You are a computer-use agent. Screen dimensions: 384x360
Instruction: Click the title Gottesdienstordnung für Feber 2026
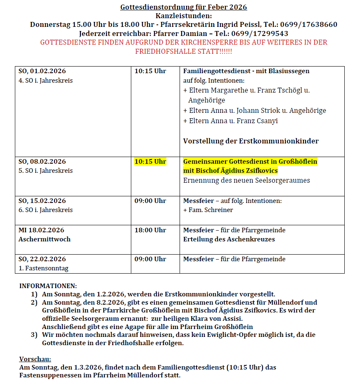click(x=183, y=7)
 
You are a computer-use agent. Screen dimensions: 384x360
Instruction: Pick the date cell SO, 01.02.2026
click(x=42, y=71)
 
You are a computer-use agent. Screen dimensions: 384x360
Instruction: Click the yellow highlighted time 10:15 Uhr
click(x=150, y=161)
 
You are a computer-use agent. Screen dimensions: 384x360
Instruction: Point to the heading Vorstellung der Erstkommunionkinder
click(x=251, y=141)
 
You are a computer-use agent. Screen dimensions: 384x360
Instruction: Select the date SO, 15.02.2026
click(x=42, y=201)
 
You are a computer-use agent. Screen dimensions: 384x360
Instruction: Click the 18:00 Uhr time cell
click(x=150, y=230)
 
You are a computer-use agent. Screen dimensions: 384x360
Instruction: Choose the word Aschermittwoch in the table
click(x=45, y=239)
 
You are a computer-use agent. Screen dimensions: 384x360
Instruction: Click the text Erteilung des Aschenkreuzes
click(x=229, y=239)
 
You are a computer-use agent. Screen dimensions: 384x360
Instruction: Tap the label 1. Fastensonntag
click(x=43, y=268)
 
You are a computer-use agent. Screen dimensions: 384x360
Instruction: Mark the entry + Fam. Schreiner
click(x=208, y=210)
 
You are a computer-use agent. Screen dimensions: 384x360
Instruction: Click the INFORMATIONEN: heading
click(x=48, y=286)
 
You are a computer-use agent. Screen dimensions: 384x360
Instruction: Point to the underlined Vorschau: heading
click(x=35, y=359)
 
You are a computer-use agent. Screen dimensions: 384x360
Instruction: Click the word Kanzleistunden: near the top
click(x=183, y=16)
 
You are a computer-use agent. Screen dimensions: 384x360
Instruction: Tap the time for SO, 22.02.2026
click(x=150, y=259)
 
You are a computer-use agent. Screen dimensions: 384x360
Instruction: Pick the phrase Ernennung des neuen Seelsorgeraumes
click(x=246, y=180)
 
